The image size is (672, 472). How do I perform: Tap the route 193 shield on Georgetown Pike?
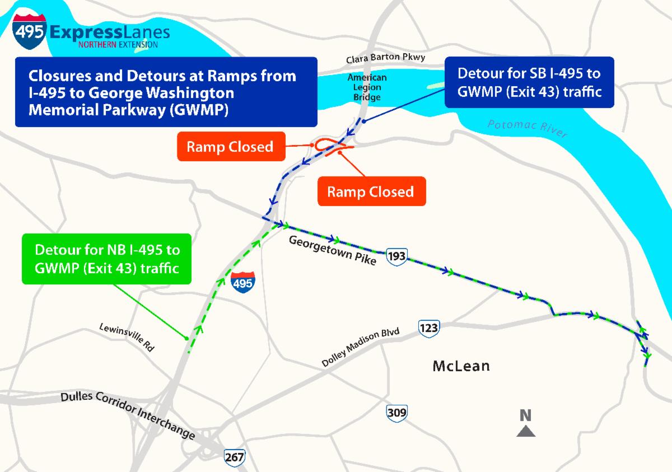tap(398, 257)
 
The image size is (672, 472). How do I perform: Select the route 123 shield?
tap(428, 327)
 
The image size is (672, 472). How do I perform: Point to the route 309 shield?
tap(396, 414)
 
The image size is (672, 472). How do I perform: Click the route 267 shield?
tap(234, 456)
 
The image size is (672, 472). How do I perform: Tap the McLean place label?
tap(461, 366)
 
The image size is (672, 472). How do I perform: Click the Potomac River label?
tap(527, 129)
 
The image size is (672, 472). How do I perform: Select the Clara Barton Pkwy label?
tap(385, 58)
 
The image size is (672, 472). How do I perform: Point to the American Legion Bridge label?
tap(367, 87)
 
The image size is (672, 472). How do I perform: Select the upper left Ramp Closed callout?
tap(230, 147)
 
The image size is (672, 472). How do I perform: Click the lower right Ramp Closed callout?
tap(371, 191)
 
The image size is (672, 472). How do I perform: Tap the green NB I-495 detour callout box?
tap(106, 258)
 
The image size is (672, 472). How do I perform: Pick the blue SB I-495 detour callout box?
tap(529, 82)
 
